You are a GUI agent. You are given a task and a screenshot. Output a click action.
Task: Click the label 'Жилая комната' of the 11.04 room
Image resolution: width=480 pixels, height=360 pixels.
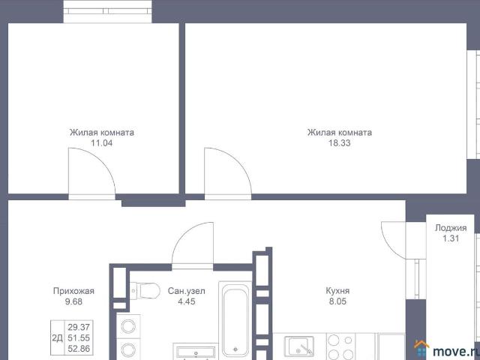[101, 133]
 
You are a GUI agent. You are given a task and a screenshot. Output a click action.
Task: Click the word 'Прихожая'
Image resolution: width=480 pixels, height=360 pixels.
[73, 292]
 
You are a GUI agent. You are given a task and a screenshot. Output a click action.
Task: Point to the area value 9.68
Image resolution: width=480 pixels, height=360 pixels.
[73, 302]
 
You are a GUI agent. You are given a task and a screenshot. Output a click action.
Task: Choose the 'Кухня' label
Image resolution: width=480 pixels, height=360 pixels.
[337, 292]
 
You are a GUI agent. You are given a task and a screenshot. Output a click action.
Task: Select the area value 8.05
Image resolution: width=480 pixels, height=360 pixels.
[337, 302]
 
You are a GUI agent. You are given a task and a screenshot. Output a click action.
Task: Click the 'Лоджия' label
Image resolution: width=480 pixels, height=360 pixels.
[451, 228]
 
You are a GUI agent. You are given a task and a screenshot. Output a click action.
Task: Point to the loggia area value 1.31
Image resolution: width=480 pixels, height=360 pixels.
[451, 238]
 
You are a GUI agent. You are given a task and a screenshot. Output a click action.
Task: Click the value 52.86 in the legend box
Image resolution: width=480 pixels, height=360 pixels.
[78, 348]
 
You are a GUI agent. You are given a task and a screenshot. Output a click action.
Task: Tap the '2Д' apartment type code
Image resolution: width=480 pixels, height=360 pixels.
[57, 337]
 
